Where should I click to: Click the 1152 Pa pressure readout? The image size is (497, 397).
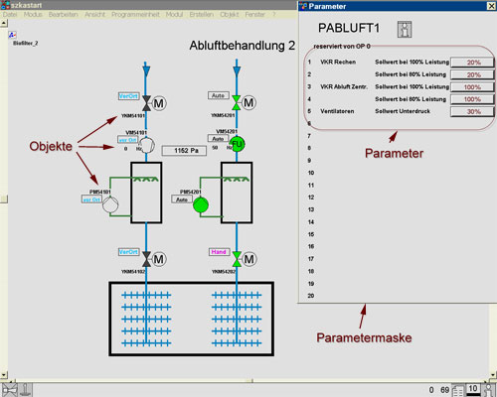(x=181, y=151)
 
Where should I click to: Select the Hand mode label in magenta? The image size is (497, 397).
(x=222, y=254)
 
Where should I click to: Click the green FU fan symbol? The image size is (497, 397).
(x=236, y=144)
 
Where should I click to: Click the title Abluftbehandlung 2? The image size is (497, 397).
(x=243, y=46)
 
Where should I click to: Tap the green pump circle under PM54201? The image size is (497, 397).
(x=201, y=205)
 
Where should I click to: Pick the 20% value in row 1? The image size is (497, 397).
(x=473, y=62)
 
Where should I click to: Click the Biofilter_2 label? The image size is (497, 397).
(x=26, y=45)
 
